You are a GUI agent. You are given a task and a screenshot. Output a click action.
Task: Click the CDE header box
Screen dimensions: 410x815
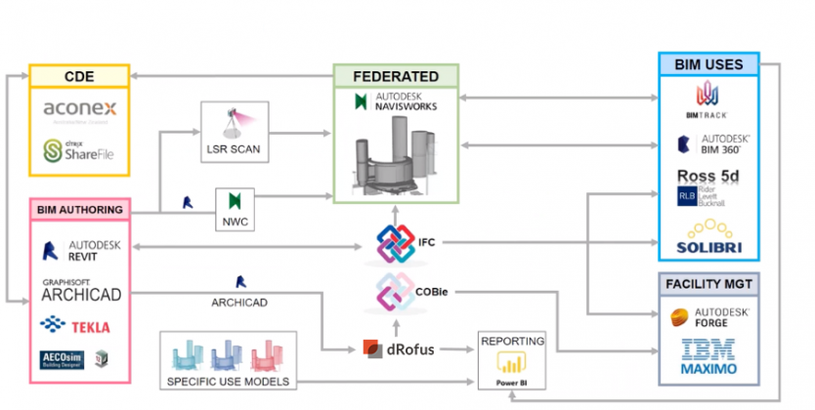coord(78,76)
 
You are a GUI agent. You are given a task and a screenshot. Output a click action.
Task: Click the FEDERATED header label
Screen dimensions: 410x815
coord(395,76)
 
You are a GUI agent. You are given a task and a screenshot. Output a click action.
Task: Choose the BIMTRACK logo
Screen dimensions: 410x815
coord(708,101)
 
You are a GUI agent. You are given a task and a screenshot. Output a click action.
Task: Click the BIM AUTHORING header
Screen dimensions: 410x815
coord(80,209)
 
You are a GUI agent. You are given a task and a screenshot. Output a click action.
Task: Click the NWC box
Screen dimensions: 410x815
coord(234,209)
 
